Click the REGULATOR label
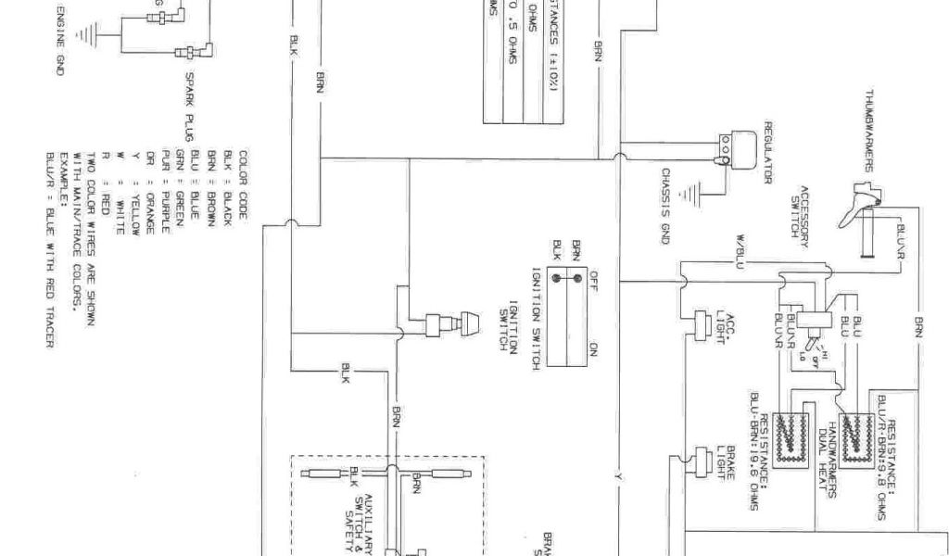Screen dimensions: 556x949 (768, 152)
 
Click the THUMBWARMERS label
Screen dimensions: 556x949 (870, 130)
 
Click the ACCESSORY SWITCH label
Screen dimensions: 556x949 (800, 212)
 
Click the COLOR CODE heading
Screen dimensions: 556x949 (244, 183)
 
